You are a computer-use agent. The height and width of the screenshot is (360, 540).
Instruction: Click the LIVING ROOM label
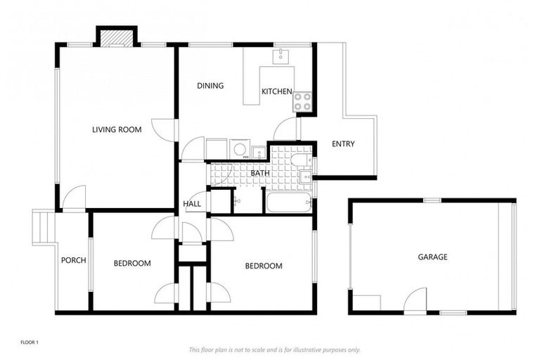coord(117,129)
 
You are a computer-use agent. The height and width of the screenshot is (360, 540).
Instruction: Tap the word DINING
coord(210,86)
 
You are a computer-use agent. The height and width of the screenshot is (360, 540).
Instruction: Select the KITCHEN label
coord(276,91)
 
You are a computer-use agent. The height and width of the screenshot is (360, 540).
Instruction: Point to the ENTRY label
coord(343,144)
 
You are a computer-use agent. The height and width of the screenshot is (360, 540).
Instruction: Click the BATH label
coord(260,173)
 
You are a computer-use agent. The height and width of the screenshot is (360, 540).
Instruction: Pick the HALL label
coord(192,204)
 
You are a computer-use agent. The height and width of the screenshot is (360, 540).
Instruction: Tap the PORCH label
coord(73,260)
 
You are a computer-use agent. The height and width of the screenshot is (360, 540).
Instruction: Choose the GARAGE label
coord(432,257)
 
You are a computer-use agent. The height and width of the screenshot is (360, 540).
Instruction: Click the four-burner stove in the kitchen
coord(302,102)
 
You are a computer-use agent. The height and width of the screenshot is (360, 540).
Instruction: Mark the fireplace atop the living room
coord(116,37)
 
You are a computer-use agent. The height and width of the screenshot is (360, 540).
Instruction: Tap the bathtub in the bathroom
coord(288,202)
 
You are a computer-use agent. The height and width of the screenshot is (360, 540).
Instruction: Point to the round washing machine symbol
coord(239,149)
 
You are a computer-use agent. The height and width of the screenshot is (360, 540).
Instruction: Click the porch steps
coord(43,227)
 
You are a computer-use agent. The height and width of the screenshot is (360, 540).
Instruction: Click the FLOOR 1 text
coord(29,342)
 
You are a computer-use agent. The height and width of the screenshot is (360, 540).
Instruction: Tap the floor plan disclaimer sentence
coord(274,349)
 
